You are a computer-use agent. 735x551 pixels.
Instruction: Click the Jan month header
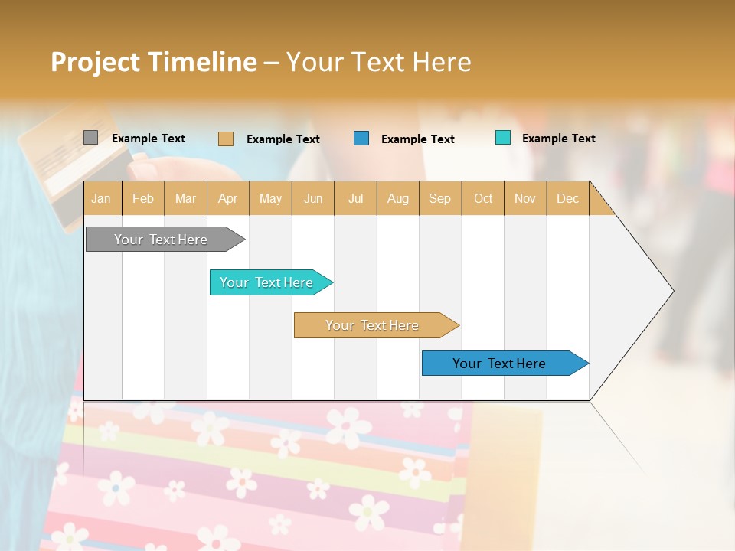tap(101, 199)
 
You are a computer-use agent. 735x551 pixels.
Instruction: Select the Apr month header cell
tap(227, 199)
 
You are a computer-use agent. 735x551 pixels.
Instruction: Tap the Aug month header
tap(397, 199)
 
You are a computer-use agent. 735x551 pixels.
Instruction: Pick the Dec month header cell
tap(567, 199)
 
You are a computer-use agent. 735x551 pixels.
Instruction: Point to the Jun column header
tap(312, 199)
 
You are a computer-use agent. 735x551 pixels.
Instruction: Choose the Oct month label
tap(482, 199)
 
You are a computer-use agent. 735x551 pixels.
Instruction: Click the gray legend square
tap(90, 138)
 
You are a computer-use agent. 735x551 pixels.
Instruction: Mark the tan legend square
tap(225, 139)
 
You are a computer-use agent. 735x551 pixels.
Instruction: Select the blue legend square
tap(361, 139)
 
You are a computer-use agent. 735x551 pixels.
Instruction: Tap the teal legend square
tap(502, 138)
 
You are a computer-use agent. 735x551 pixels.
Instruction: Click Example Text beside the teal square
tap(558, 139)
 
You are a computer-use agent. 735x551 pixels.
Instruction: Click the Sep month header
tap(439, 199)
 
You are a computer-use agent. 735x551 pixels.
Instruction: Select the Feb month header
tap(142, 199)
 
